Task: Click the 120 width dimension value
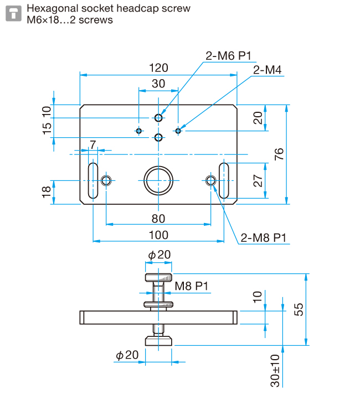tap(158, 68)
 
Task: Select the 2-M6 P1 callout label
tap(228, 56)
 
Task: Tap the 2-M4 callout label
tap(267, 70)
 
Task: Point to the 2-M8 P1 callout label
tap(263, 238)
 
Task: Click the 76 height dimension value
tap(279, 154)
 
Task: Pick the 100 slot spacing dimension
tap(158, 235)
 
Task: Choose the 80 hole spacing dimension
tap(158, 219)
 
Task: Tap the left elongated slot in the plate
tap(93, 181)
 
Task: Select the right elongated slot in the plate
tap(224, 181)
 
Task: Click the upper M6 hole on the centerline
tap(158, 118)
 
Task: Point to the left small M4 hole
tap(139, 131)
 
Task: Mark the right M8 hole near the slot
tap(211, 181)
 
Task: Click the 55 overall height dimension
tap(299, 309)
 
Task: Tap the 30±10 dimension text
tap(275, 371)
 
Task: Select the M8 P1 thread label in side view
tap(191, 286)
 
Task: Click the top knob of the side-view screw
tap(158, 278)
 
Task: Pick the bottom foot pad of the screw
tap(158, 341)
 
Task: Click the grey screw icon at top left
tap(13, 13)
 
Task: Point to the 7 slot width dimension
tap(92, 145)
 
